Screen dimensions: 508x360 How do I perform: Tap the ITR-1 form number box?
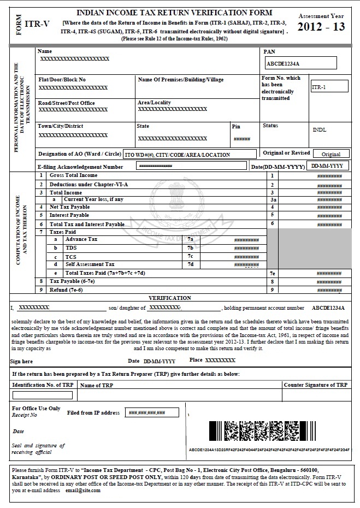point(329,87)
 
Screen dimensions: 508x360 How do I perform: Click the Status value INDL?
point(320,131)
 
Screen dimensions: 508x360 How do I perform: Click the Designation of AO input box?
point(189,155)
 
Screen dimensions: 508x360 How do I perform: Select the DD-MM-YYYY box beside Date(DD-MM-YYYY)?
point(327,166)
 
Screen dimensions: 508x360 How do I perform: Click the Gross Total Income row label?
point(73,175)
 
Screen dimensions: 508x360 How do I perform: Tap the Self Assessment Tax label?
point(90,264)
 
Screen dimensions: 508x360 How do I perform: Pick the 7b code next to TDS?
point(190,248)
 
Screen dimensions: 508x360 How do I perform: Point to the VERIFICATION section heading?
point(170,298)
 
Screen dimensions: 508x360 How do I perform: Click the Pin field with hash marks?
point(242,139)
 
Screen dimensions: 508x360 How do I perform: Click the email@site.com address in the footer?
point(81,491)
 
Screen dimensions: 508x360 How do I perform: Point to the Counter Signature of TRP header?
point(315,385)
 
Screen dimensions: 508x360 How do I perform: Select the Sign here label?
point(22,361)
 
